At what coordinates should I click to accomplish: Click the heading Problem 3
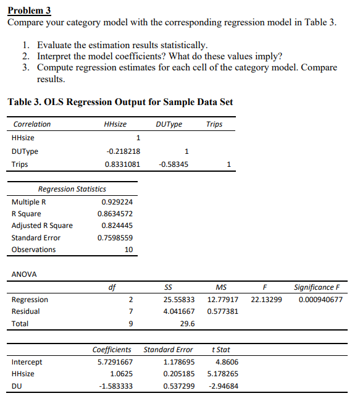tap(29, 11)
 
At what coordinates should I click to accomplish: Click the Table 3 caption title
tap(120, 102)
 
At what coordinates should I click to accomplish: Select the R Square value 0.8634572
tap(115, 214)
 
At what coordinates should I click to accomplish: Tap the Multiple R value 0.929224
tap(117, 202)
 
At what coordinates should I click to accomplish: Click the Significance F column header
tap(316, 287)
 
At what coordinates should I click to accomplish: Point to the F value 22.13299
tap(266, 300)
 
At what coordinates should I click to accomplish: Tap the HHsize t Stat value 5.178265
tap(222, 374)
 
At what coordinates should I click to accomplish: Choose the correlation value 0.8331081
tap(122, 164)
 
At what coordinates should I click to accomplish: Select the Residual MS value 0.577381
tap(222, 311)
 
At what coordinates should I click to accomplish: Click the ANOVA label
tap(24, 274)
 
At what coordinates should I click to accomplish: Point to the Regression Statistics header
tap(72, 189)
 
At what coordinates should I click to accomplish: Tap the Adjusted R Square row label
tap(42, 226)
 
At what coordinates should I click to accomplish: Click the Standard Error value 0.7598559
tap(115, 238)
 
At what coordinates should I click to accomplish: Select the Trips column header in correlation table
tap(214, 124)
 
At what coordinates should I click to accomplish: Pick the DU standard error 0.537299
tap(178, 387)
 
